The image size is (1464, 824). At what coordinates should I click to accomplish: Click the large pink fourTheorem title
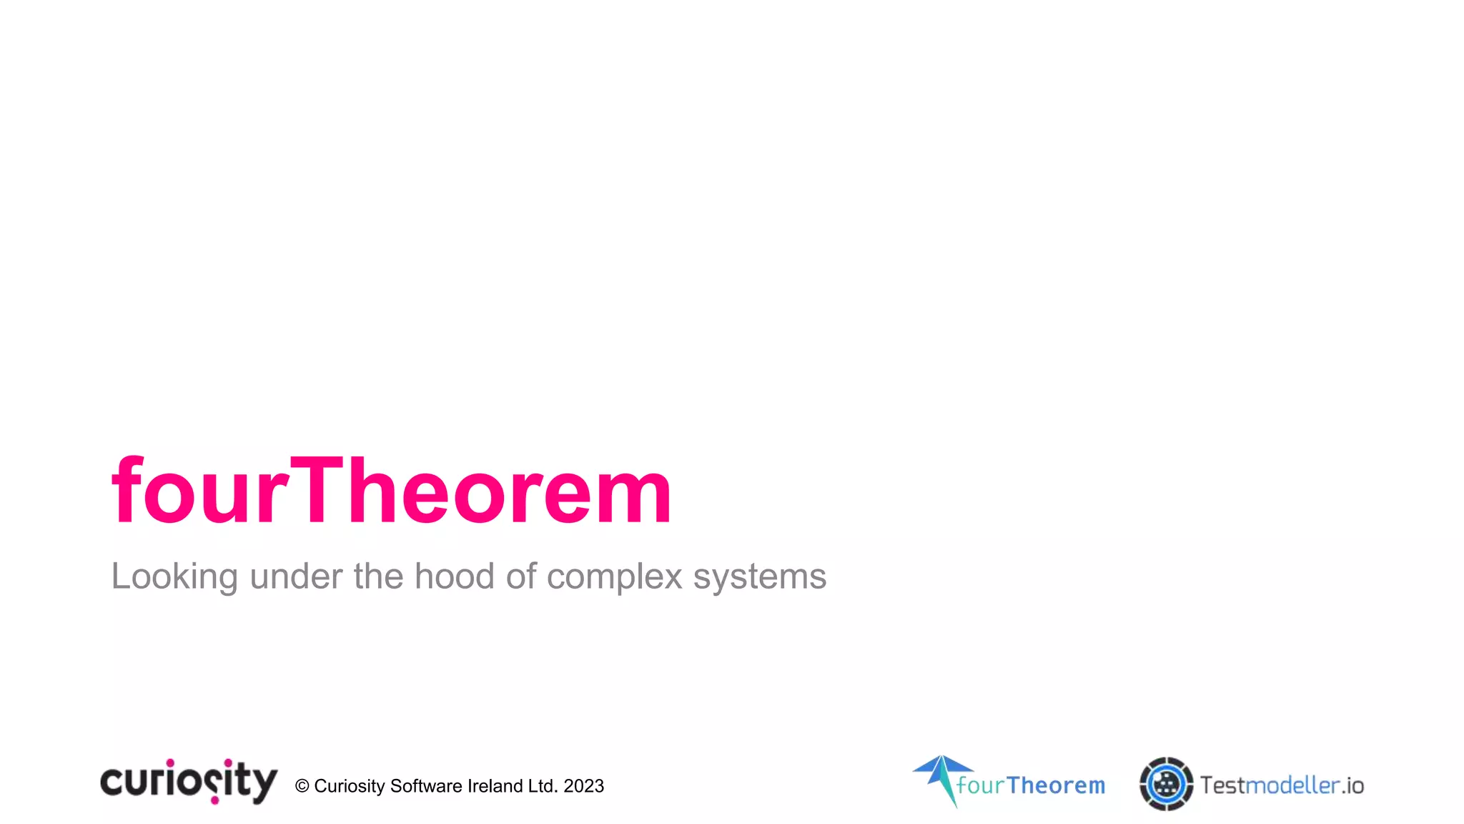point(392,491)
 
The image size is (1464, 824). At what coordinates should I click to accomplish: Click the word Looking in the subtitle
point(174,577)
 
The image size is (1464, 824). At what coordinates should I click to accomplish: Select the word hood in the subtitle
point(454,576)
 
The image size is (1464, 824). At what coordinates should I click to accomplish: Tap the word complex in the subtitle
point(614,577)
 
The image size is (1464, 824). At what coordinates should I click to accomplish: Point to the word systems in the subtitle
point(759,577)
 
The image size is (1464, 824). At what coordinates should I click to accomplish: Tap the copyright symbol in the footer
point(302,786)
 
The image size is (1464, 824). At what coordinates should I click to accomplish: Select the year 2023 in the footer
point(583,786)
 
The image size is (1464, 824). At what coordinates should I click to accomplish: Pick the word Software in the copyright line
point(426,786)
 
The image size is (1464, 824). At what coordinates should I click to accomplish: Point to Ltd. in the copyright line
point(543,786)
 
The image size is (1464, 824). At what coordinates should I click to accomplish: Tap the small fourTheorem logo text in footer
point(1031,785)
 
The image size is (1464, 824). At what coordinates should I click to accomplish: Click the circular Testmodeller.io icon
point(1166,784)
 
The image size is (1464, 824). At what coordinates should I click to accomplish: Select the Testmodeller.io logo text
point(1282,785)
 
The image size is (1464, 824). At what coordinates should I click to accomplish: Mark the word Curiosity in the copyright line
point(350,786)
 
